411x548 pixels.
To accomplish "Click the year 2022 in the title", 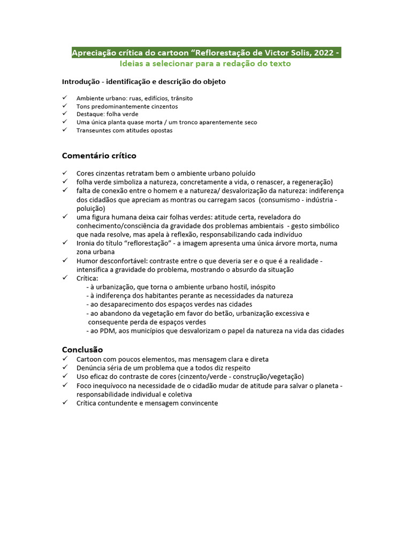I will click(323, 53).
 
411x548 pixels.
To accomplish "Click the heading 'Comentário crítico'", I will click(99, 156).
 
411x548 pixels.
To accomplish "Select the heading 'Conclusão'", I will click(82, 349).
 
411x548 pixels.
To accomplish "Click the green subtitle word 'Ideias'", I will click(132, 64).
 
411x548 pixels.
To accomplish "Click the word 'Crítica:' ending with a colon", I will click(87, 278).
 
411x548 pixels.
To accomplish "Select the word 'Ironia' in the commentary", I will click(86, 243).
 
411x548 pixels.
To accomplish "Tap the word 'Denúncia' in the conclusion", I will click(91, 368).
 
